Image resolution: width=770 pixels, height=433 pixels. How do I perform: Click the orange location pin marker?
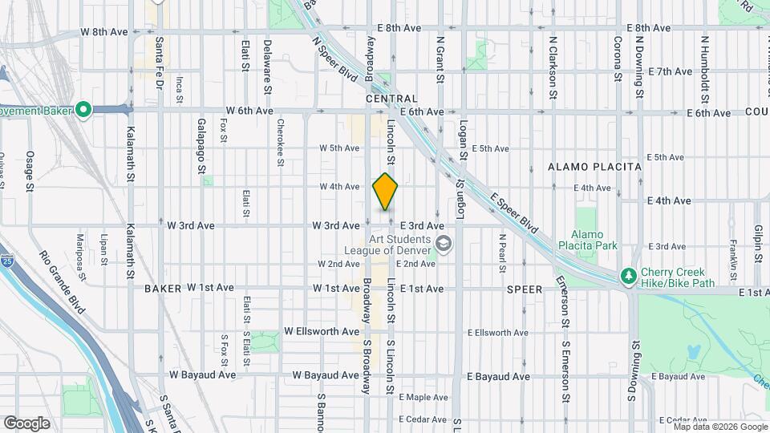385,192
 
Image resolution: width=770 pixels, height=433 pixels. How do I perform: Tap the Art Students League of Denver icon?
442,243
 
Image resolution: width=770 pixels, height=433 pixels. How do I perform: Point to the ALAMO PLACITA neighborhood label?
594,167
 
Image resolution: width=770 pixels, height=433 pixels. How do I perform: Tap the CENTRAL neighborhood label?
391,98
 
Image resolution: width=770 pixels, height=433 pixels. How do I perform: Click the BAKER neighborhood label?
163,287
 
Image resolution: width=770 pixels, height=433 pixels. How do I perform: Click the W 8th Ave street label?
104,32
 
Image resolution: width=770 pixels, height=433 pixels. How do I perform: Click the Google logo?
26,423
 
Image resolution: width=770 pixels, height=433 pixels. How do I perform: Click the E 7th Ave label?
672,71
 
